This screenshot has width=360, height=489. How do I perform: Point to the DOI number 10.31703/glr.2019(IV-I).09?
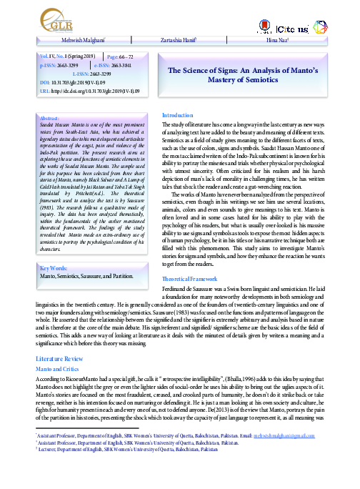coord(81,83)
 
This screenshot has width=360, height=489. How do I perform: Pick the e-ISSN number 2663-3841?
coord(131,64)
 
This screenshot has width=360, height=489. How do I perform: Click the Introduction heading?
coord(177,115)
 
